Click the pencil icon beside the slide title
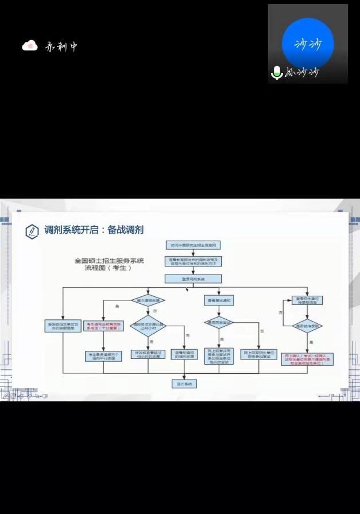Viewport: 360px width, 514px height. tap(32, 231)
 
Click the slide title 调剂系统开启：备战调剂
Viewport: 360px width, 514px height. tap(94, 230)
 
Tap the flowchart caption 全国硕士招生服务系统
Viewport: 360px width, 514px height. tap(109, 260)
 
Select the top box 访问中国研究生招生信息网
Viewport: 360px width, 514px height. tap(193, 245)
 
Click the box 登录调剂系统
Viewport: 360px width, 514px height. tap(193, 279)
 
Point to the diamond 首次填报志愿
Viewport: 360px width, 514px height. tap(148, 300)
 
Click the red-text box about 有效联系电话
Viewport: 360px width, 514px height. tap(103, 326)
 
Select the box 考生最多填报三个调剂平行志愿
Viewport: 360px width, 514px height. tap(103, 356)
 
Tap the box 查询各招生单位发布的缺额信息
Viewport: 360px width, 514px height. tap(63, 326)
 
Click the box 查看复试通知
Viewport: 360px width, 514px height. tap(219, 300)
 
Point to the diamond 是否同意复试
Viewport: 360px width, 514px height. tap(219, 322)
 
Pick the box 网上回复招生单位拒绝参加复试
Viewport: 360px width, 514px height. tap(259, 354)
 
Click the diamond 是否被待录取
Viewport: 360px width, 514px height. tap(307, 326)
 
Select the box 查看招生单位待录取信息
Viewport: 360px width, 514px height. tap(307, 300)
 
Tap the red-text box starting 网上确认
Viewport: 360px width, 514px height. tap(308, 359)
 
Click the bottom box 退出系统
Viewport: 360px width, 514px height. tap(184, 383)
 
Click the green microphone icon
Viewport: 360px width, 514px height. tap(277, 72)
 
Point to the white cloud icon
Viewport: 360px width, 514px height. tap(30, 46)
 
